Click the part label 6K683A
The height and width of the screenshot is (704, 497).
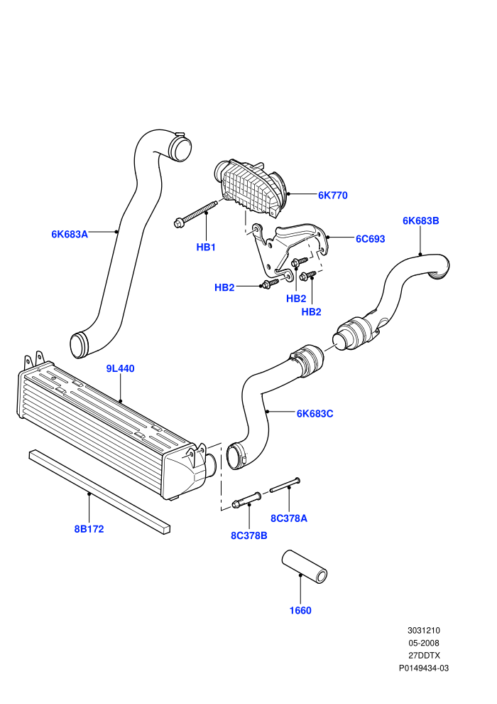point(70,234)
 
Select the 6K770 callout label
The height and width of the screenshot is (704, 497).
point(332,196)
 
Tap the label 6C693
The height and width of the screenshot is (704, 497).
point(370,239)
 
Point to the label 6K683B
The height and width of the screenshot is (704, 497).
point(420,221)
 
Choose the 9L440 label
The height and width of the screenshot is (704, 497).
point(120,368)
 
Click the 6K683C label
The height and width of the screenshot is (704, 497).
point(315,413)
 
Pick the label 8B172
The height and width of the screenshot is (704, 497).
point(89,529)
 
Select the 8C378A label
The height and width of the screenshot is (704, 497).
point(289,518)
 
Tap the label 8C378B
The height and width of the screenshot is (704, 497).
point(248,535)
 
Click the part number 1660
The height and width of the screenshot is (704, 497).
point(300,611)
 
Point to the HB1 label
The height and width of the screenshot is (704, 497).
point(206,247)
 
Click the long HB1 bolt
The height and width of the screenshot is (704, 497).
point(195,213)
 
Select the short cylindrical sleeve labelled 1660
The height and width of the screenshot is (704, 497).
point(305,567)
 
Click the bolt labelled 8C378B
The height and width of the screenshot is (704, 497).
point(246,500)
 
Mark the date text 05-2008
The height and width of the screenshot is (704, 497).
point(423,643)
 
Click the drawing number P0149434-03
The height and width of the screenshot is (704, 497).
point(423,668)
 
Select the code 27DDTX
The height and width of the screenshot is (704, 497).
point(424,656)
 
